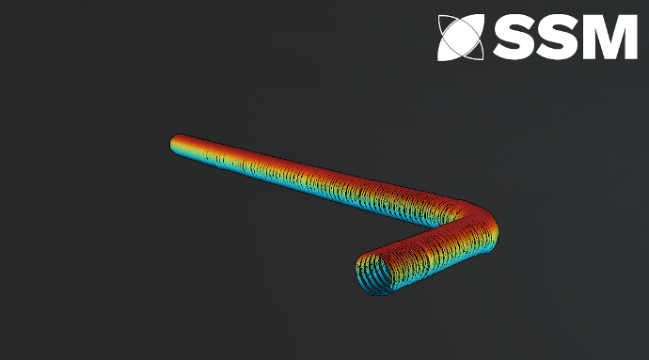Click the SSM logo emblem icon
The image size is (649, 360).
coord(461,38)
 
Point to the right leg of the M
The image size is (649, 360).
coord(631,38)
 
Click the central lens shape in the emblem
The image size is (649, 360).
coord(461,38)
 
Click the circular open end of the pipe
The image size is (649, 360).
coord(374,274)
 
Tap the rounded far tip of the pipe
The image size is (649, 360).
coord(175,143)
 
